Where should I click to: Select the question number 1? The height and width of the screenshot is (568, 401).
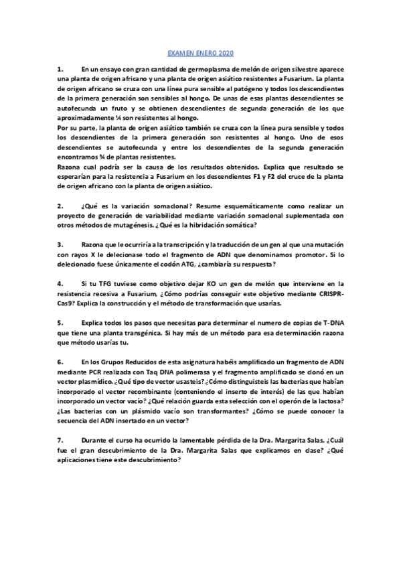pos(60,69)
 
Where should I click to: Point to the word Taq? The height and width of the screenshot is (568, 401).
pos(157,372)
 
